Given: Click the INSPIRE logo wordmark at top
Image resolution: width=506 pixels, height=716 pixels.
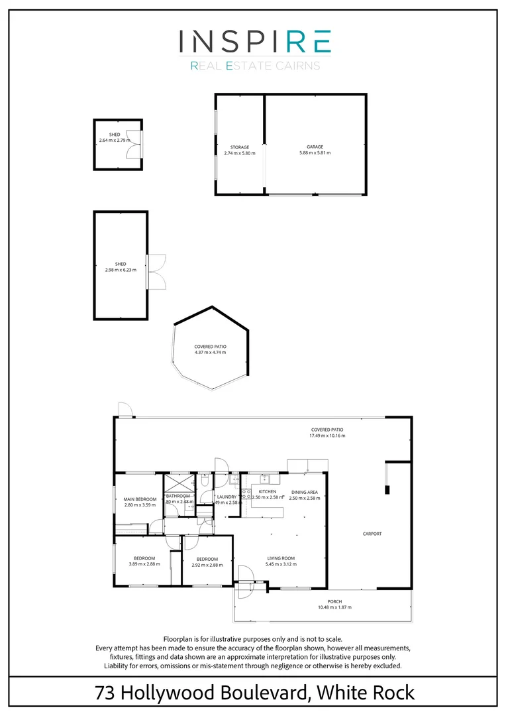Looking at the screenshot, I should pyautogui.click(x=255, y=41).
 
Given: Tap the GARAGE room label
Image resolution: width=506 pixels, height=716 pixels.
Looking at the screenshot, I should pyautogui.click(x=315, y=147).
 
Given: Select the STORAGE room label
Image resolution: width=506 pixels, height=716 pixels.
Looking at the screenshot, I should pyautogui.click(x=240, y=147).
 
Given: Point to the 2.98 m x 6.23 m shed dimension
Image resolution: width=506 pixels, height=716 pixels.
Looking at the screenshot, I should pyautogui.click(x=121, y=270).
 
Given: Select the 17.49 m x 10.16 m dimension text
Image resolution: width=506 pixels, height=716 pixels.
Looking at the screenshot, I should pyautogui.click(x=327, y=436).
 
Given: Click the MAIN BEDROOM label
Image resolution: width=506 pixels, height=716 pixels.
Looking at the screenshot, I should pyautogui.click(x=140, y=499).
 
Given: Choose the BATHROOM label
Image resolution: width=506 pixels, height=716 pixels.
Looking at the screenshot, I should pyautogui.click(x=178, y=496).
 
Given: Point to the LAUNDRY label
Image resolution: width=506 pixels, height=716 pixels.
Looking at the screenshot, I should pyautogui.click(x=227, y=497).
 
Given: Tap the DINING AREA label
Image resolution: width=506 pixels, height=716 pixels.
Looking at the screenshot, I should pyautogui.click(x=304, y=492).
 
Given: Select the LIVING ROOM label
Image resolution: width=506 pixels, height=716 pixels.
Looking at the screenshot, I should pyautogui.click(x=281, y=558).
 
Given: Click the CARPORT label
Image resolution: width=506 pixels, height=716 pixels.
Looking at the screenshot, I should pyautogui.click(x=372, y=534).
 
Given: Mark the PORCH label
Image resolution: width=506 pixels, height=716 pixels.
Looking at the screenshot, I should pyautogui.click(x=334, y=601).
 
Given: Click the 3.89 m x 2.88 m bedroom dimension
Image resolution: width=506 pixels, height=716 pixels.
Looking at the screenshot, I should pyautogui.click(x=144, y=564).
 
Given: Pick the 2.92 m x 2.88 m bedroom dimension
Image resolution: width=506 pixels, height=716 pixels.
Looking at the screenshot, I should pyautogui.click(x=207, y=565).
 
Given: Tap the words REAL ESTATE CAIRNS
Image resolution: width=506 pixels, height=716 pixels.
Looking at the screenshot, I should pyautogui.click(x=255, y=66).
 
